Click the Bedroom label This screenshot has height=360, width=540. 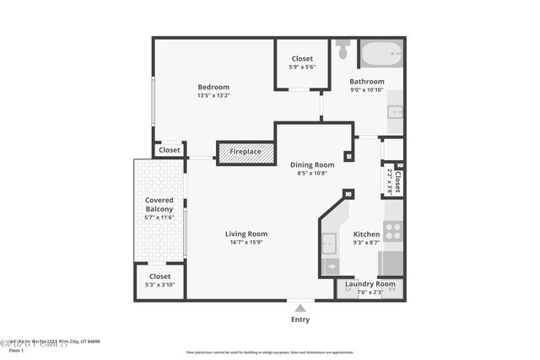(213, 87)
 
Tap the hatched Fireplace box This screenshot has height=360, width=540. (246, 153)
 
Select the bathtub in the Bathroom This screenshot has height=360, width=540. (382, 55)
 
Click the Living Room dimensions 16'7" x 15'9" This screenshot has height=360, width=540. (246, 243)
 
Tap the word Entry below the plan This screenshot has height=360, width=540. (300, 320)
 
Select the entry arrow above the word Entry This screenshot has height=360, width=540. (300, 306)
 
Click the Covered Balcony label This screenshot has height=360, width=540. (159, 205)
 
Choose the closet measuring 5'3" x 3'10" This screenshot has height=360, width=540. (159, 281)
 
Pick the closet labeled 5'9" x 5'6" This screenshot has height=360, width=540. (301, 63)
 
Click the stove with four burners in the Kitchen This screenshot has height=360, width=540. (393, 230)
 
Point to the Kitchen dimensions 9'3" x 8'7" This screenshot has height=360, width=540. (366, 243)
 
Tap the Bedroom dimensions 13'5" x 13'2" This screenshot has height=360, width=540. (213, 95)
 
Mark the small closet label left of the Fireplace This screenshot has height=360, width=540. (170, 150)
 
